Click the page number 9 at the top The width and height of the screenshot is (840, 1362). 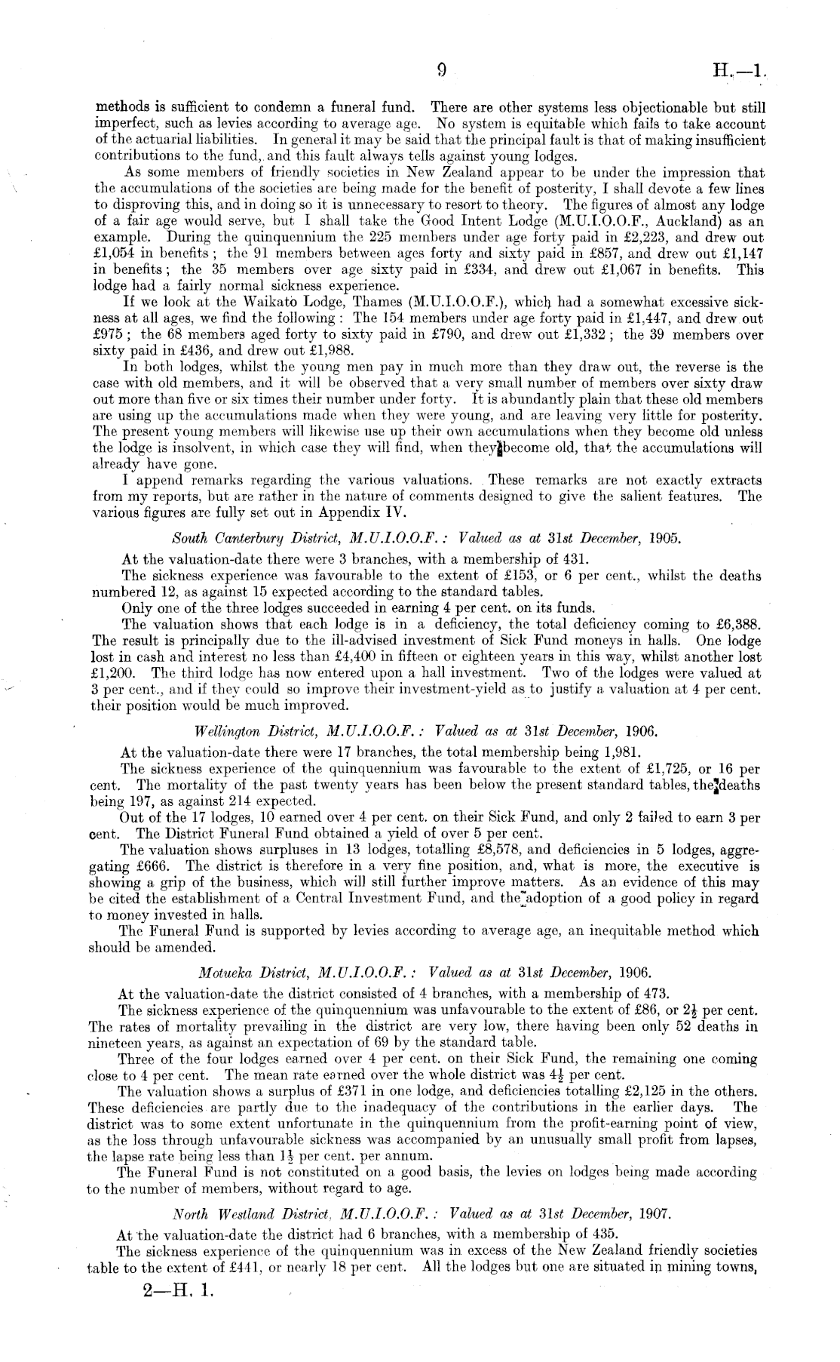[441, 71]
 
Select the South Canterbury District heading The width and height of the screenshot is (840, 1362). [426, 540]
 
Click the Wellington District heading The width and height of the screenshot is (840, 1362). [426, 731]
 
